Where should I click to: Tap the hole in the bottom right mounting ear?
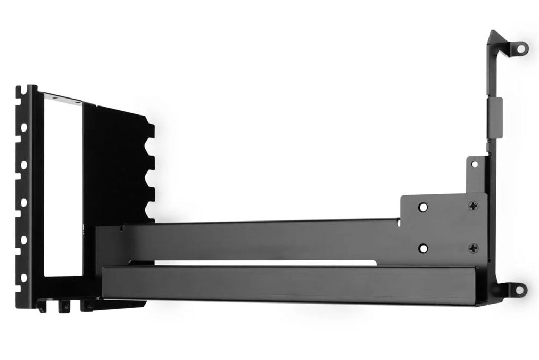coord(520,289)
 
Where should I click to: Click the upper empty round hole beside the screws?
coord(422,207)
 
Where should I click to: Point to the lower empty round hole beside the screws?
coord(422,248)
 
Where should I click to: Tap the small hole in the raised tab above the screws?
coord(474,164)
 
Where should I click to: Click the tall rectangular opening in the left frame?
coord(62,186)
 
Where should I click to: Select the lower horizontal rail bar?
coord(293,284)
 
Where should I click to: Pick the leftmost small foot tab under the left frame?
coord(42,306)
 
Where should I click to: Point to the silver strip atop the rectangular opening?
coord(62,99)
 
